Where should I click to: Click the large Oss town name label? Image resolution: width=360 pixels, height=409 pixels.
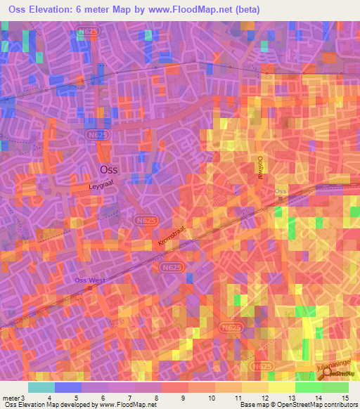pyautogui.click(x=109, y=169)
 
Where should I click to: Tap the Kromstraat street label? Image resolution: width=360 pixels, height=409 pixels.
pyautogui.click(x=172, y=239)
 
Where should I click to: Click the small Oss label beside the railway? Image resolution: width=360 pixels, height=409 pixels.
pyautogui.click(x=281, y=191)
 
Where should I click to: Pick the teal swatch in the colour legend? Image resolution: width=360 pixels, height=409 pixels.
pyautogui.click(x=41, y=387)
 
